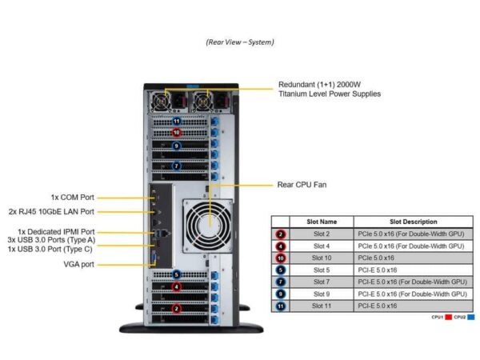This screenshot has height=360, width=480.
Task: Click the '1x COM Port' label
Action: (x=72, y=197)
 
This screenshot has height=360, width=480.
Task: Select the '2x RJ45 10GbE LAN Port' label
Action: (x=63, y=212)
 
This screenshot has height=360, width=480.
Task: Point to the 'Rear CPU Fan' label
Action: (x=302, y=185)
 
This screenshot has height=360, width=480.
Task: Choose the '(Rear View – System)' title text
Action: (x=240, y=42)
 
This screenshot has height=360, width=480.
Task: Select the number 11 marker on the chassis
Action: (x=177, y=121)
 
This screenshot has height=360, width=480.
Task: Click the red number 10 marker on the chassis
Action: (x=177, y=132)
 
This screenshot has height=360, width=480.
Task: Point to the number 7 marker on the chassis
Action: (x=177, y=166)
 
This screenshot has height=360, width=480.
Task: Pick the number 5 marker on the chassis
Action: (x=177, y=274)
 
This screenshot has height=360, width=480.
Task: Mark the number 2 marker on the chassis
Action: (x=177, y=308)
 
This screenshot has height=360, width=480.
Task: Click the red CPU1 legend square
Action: (x=449, y=318)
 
